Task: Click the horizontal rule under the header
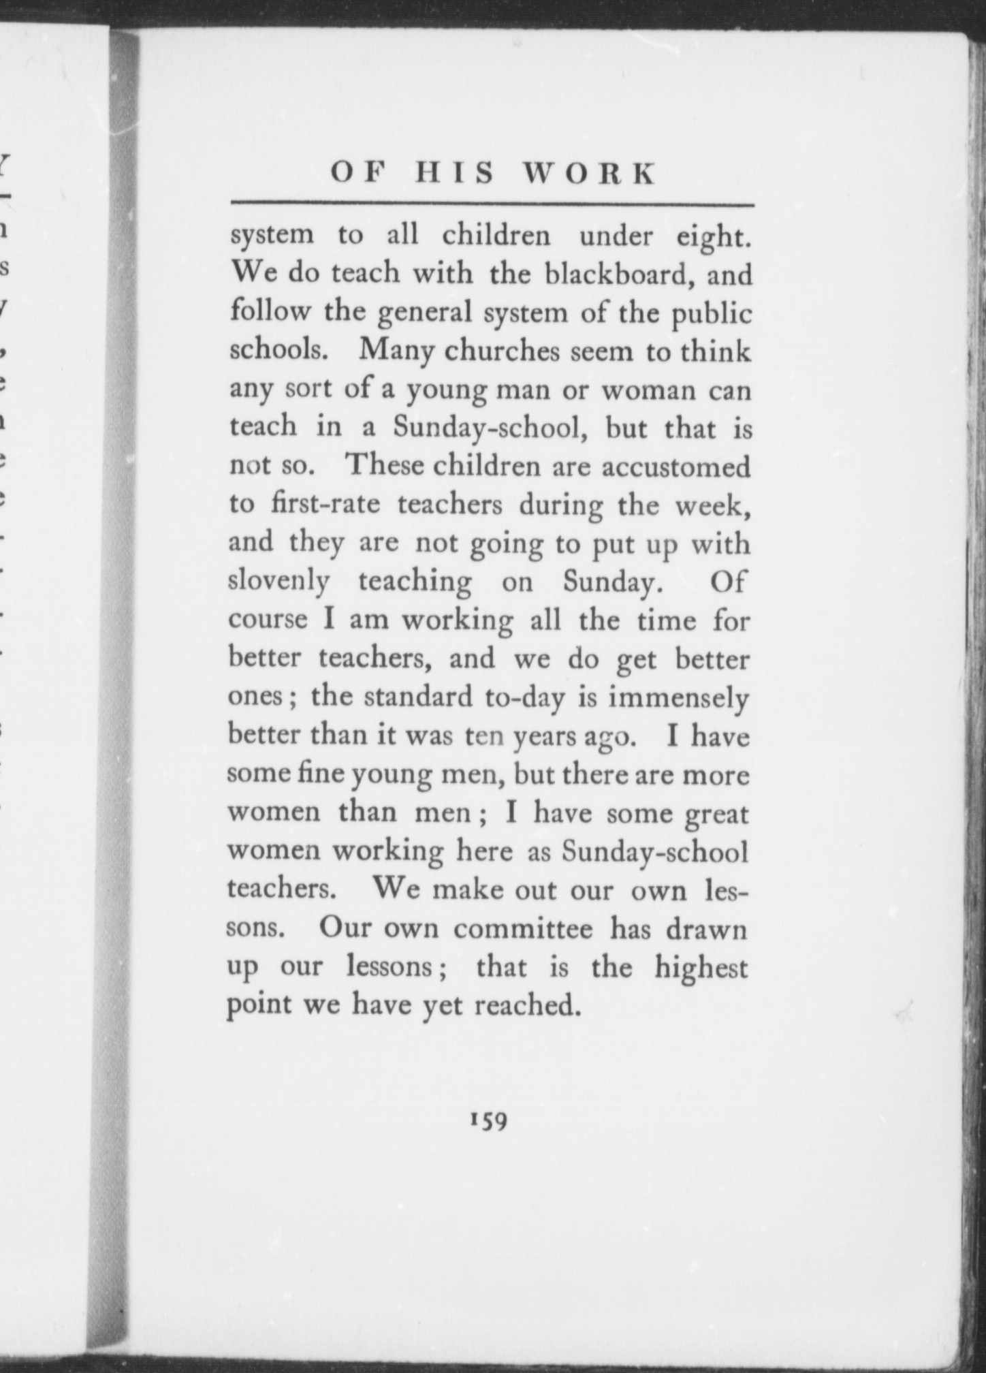click(492, 204)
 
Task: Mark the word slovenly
click(279, 582)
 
